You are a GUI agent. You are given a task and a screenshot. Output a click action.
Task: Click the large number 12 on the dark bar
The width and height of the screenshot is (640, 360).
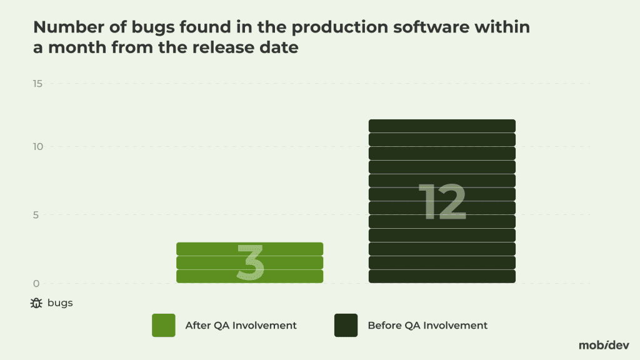coord(442,202)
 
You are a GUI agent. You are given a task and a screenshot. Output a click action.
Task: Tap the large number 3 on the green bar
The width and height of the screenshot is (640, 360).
coord(250,262)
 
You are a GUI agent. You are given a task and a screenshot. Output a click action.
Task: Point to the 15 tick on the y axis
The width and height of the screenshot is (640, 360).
coord(37,84)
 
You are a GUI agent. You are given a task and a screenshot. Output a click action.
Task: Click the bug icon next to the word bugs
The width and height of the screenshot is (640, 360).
coord(36,304)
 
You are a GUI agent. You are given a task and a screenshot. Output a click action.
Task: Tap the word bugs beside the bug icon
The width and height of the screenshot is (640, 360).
coord(60,304)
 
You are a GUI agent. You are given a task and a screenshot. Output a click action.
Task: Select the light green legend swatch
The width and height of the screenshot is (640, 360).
coord(163,325)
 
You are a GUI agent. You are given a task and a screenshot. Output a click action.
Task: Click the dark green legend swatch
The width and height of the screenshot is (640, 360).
coord(346,325)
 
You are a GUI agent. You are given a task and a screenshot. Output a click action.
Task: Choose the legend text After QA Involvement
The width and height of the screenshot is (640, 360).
coord(241,326)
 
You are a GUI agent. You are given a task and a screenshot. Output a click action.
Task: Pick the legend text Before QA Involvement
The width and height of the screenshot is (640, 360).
coord(427,326)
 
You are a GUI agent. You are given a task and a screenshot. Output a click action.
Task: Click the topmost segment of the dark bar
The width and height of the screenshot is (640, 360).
coord(442,126)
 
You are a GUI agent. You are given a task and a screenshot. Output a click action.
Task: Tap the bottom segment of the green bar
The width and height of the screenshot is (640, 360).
coord(249,276)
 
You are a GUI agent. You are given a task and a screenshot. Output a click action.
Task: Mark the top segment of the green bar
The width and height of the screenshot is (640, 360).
coord(249,249)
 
